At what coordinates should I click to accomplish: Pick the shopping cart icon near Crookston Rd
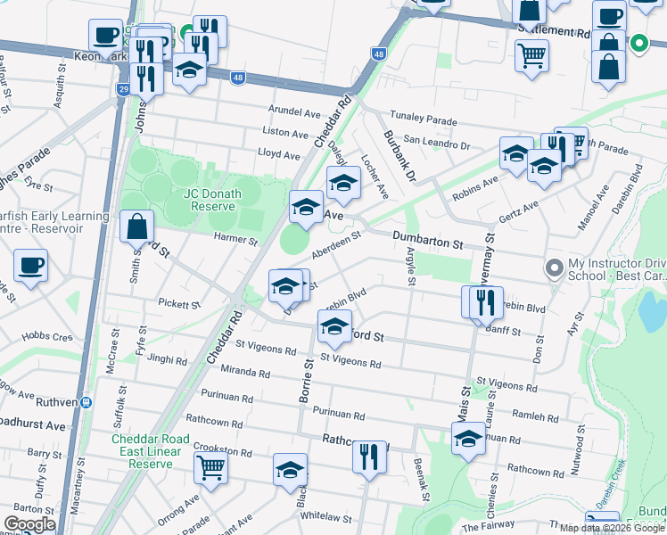(210, 466)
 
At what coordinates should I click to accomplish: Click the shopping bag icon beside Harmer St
(138, 227)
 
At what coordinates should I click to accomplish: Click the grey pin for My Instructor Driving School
(554, 267)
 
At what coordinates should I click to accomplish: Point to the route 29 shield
(122, 89)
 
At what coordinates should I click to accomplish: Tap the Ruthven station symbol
(86, 401)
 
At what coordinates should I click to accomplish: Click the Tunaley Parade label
(424, 120)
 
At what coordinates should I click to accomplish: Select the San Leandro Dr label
(437, 142)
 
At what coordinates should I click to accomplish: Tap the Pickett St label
(179, 304)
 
